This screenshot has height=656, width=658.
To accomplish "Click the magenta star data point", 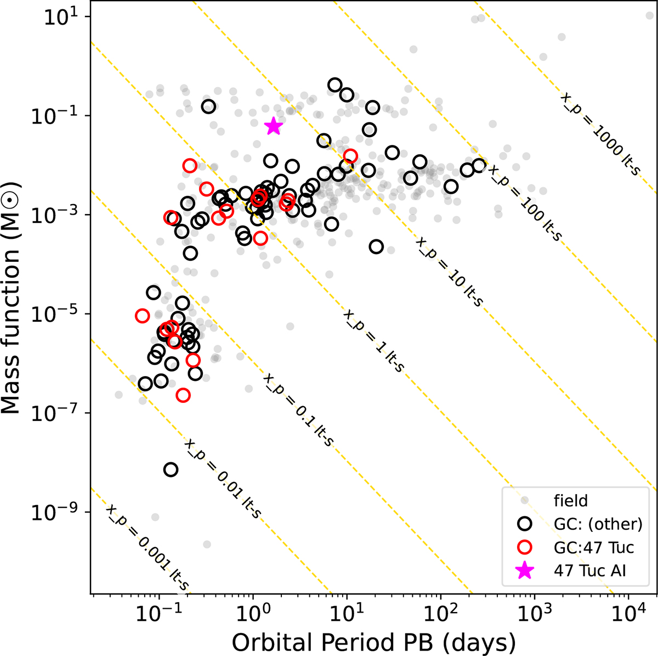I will (274, 127).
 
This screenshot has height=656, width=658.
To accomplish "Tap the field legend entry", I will (571, 500).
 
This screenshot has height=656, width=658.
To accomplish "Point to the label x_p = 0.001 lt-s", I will (147, 548).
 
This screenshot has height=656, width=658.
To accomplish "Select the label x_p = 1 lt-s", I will (373, 341).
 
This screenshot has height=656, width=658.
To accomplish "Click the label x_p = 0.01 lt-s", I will (222, 479).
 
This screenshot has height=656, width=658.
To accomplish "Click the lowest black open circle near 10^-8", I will (171, 469).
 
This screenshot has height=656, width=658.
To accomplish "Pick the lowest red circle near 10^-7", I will (183, 395).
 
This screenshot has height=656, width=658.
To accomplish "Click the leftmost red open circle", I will (142, 316).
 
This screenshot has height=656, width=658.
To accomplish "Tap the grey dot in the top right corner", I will (649, 15).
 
